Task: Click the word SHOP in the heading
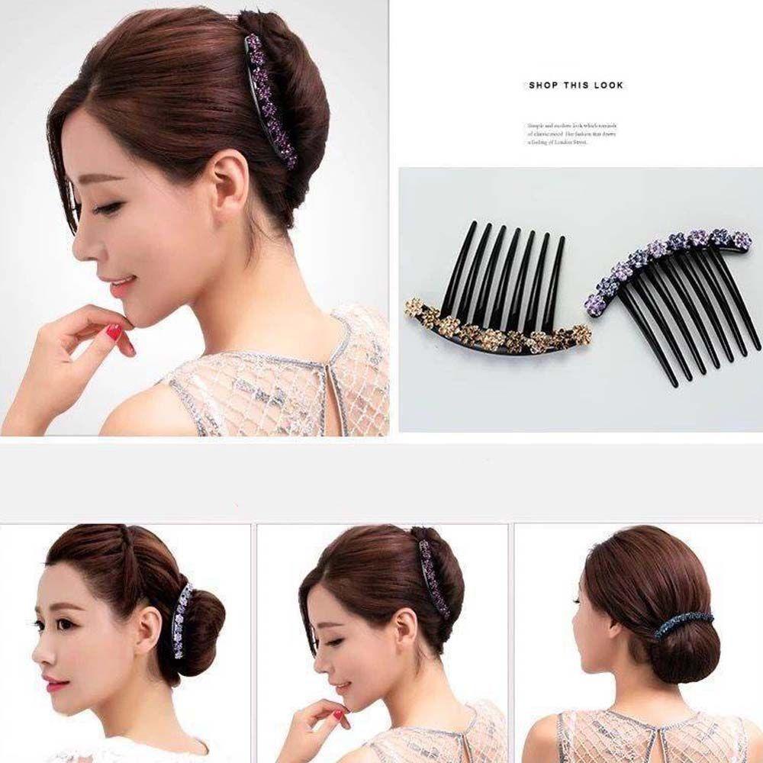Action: point(543,85)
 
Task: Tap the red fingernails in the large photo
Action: point(114,333)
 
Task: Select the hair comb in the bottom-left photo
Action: point(180,620)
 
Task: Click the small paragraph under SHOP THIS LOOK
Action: point(572,134)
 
